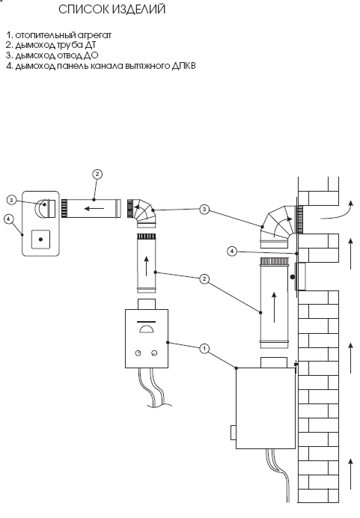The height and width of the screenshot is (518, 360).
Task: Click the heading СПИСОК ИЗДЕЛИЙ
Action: [112, 9]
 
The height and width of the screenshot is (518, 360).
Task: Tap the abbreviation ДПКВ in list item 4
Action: [183, 66]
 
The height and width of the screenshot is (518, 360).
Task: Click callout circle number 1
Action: [205, 349]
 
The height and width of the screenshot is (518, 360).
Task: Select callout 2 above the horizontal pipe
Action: [97, 174]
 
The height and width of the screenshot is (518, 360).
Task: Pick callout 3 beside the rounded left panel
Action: [11, 200]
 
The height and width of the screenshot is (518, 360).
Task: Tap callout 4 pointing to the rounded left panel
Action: [9, 219]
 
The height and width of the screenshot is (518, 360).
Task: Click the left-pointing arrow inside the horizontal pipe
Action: [94, 208]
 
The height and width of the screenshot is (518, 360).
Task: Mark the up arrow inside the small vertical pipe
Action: [146, 266]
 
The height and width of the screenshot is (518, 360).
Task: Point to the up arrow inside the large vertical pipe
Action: [274, 307]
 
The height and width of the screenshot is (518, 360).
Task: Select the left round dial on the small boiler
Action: [138, 353]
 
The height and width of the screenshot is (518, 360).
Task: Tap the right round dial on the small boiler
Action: [154, 353]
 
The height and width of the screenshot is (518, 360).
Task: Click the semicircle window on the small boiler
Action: [146, 329]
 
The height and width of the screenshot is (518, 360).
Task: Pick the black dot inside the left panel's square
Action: [40, 240]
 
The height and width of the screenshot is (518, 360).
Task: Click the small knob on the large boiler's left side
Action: [234, 433]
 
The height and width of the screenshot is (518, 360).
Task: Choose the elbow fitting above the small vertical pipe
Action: [142, 213]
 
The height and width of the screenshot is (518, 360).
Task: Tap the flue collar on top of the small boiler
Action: [146, 304]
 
